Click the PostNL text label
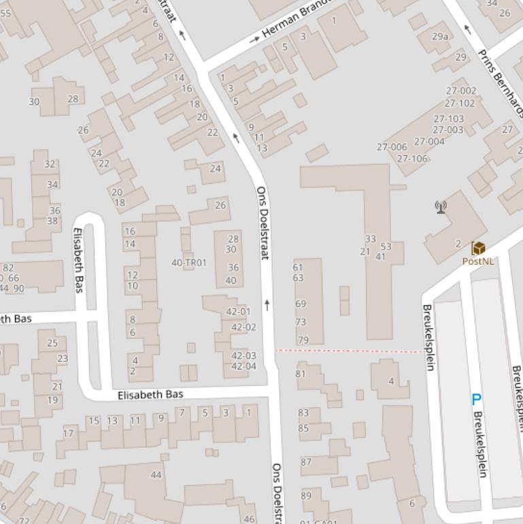477,261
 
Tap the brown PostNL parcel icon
478,248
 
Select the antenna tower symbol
441,207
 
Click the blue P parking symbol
476,400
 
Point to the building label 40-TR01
188,262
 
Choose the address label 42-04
243,366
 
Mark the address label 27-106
412,159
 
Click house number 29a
440,36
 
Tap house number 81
301,374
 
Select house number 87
306,462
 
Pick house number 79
303,340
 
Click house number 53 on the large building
386,246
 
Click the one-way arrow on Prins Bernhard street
467,29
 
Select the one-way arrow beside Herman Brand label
254,39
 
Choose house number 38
52,220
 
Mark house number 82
8,267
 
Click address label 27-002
460,91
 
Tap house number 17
68,433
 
